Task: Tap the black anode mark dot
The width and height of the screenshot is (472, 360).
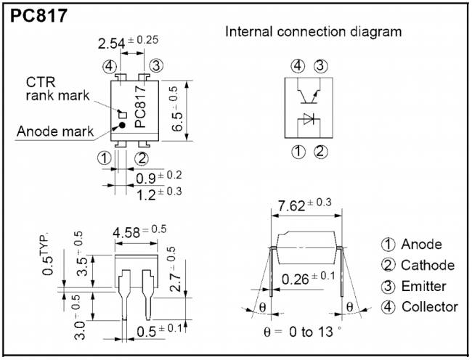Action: pyautogui.click(x=122, y=125)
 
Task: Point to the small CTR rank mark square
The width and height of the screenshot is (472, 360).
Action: pyautogui.click(x=122, y=113)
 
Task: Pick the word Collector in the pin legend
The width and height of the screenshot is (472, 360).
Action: pyautogui.click(x=429, y=306)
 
